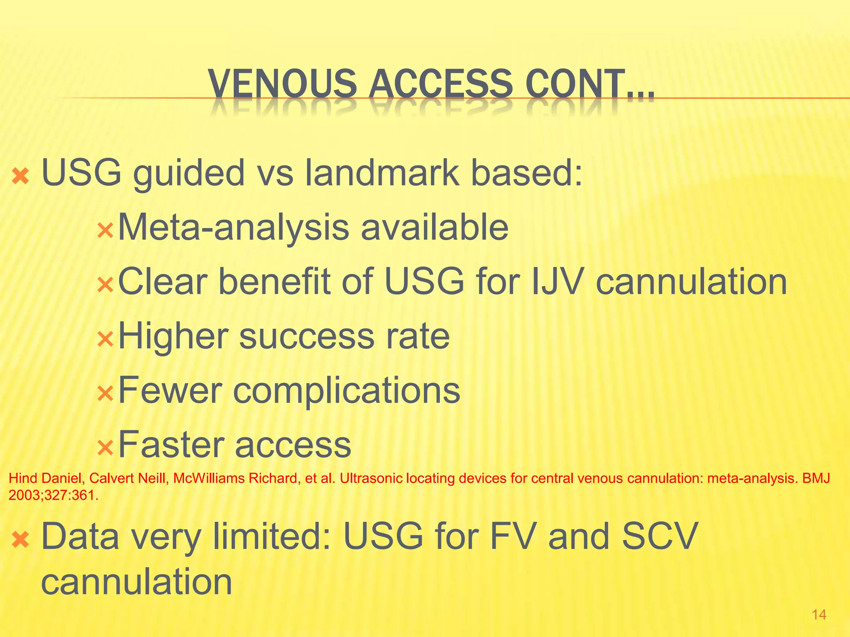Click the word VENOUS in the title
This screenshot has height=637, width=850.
[x=282, y=84]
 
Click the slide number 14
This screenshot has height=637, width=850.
[x=819, y=615]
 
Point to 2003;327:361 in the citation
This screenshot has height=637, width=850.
[x=53, y=495]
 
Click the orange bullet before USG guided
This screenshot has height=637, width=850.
[x=20, y=176]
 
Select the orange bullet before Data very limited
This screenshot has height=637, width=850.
[x=20, y=540]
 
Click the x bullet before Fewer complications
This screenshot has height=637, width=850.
[x=105, y=394]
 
